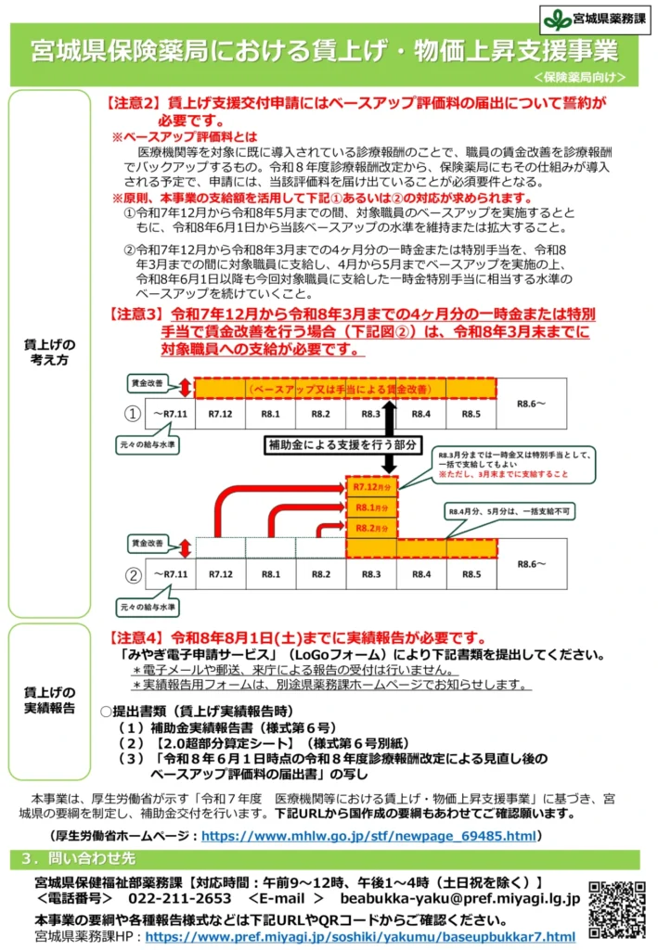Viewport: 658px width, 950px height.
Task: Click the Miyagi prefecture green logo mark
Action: pyautogui.click(x=558, y=18)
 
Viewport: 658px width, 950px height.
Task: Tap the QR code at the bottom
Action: pyautogui.click(x=617, y=909)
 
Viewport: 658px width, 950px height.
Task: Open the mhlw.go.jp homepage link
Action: pyautogui.click(x=368, y=836)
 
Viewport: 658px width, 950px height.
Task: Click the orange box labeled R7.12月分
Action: pyautogui.click(x=370, y=485)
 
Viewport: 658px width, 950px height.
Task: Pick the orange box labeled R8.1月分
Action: pyautogui.click(x=370, y=507)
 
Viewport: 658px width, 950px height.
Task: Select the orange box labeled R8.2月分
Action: pyautogui.click(x=370, y=529)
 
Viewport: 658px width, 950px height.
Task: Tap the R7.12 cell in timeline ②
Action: pyautogui.click(x=220, y=574)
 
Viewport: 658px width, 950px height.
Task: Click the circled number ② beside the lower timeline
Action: pyautogui.click(x=133, y=575)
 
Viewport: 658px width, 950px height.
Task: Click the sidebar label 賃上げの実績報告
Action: pyautogui.click(x=50, y=700)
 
